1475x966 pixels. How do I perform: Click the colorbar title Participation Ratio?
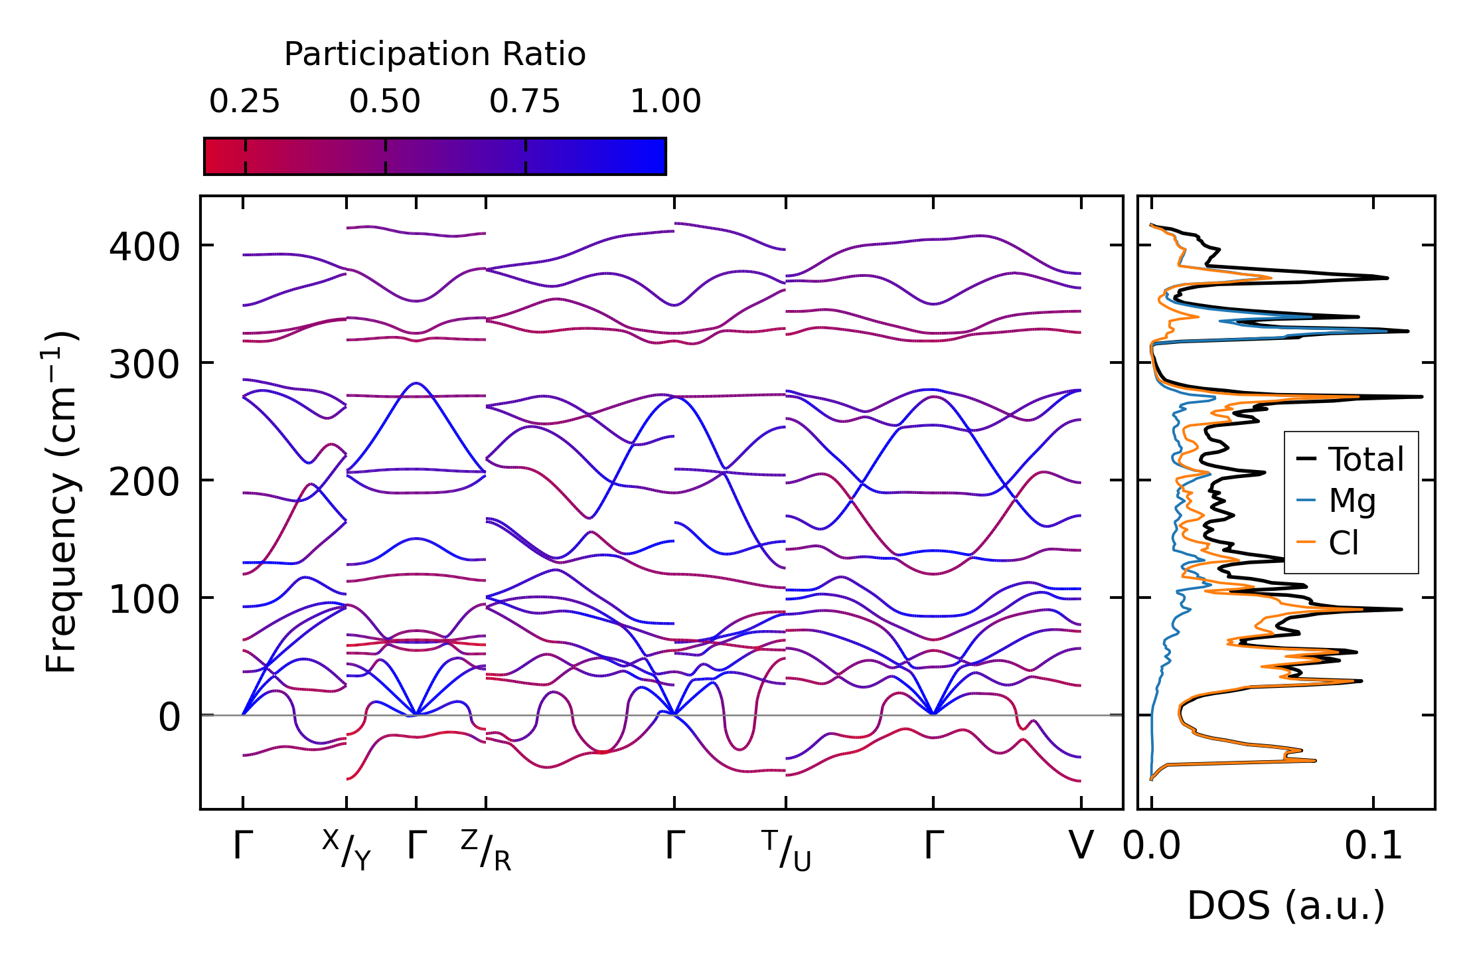click(x=435, y=54)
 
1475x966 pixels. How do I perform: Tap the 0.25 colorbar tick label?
click(x=244, y=102)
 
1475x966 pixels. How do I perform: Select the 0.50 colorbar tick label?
click(x=385, y=102)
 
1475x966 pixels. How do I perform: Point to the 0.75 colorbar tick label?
click(x=525, y=102)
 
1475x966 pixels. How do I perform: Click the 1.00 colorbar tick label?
click(x=665, y=102)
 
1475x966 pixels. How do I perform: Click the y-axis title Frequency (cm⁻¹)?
click(x=62, y=502)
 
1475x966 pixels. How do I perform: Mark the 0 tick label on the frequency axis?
click(x=169, y=717)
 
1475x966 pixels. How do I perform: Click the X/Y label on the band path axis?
click(x=347, y=850)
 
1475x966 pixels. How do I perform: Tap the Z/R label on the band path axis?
click(x=486, y=850)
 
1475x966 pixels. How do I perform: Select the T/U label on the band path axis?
click(x=786, y=850)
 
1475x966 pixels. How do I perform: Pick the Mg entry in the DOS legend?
click(x=1352, y=501)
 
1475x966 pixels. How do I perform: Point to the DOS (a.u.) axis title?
click(x=1286, y=906)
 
